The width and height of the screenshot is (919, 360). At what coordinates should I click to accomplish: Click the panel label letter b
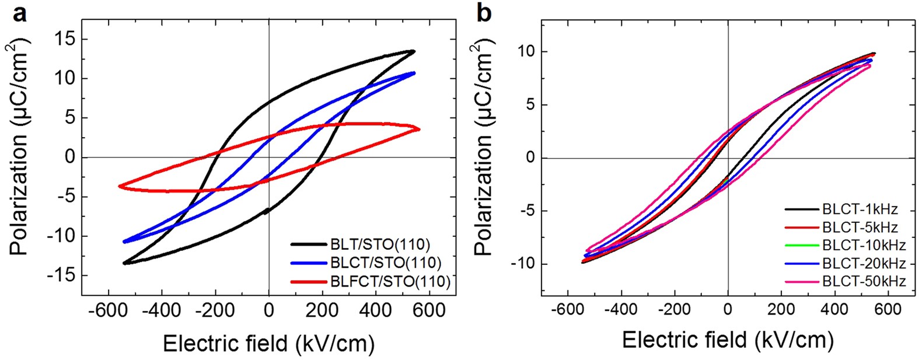tap(484, 13)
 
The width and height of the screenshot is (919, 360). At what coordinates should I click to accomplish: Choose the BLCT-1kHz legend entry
tap(859, 209)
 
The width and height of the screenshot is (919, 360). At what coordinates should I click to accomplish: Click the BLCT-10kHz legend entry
tap(863, 245)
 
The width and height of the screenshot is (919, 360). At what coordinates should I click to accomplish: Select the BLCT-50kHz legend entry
tap(863, 281)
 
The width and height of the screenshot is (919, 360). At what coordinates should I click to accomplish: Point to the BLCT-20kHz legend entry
tap(863, 263)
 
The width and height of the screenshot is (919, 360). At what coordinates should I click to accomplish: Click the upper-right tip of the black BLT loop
tap(414, 51)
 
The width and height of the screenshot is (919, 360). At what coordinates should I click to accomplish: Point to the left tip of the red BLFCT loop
tap(120, 186)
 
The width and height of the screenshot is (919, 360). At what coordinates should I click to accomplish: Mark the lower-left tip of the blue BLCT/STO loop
tap(124, 242)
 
